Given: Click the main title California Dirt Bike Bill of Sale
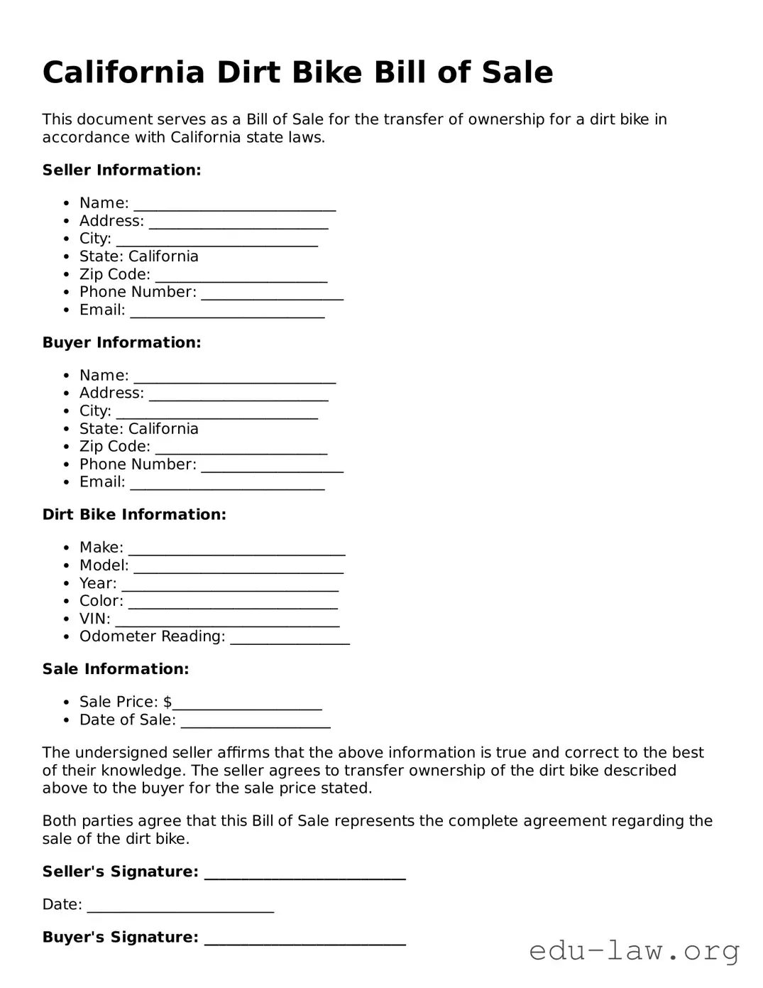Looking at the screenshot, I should pyautogui.click(x=297, y=72).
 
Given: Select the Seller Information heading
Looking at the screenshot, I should pyautogui.click(x=121, y=170).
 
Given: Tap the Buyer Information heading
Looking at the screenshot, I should pyautogui.click(x=121, y=342).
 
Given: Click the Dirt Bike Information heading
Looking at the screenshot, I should pyautogui.click(x=134, y=515).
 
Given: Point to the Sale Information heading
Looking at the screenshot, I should pyautogui.click(x=116, y=669).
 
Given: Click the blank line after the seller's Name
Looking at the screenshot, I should pyautogui.click(x=234, y=205).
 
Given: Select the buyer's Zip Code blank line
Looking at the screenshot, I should pyautogui.click(x=241, y=447).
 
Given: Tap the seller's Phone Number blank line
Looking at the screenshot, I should pyautogui.click(x=272, y=293).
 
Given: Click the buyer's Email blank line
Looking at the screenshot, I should pyautogui.click(x=227, y=484).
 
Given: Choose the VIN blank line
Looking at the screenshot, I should pyautogui.click(x=227, y=620).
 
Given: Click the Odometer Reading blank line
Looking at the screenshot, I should pyautogui.click(x=290, y=638).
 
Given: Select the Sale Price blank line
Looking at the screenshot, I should pyautogui.click(x=247, y=703).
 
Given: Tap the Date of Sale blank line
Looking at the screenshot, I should pyautogui.click(x=256, y=721).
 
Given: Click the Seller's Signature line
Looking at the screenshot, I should pyautogui.click(x=304, y=873).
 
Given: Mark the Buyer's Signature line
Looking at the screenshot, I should pyautogui.click(x=304, y=938).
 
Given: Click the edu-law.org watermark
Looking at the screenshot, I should pyautogui.click(x=634, y=950).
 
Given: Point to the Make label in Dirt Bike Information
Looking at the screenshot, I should pyautogui.click(x=101, y=548).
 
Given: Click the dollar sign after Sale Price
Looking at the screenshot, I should pyautogui.click(x=168, y=702).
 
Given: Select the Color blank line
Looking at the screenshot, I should pyautogui.click(x=233, y=602).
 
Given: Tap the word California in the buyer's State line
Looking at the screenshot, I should pyautogui.click(x=163, y=429).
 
